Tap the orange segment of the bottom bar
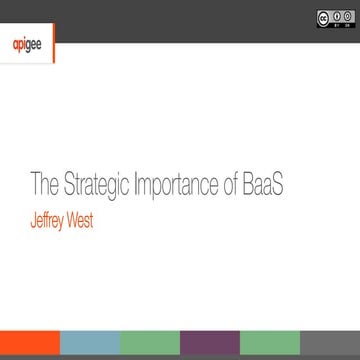[x=30, y=349]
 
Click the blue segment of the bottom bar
[x=90, y=349]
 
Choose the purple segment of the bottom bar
[x=210, y=349]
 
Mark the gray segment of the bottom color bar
[x=330, y=349]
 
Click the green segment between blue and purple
[x=150, y=349]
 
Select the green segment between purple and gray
[x=270, y=349]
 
